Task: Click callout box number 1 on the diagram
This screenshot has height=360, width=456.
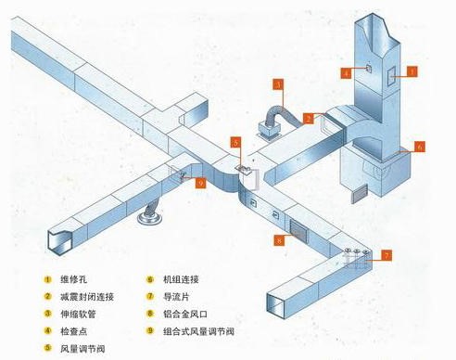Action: point(413,70)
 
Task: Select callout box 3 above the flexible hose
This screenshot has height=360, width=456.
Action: point(278,84)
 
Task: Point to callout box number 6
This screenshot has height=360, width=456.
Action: point(419,147)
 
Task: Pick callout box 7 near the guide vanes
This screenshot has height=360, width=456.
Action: point(387,253)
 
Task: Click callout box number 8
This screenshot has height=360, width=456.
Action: point(278,240)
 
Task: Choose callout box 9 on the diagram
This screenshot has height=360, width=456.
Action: point(200,183)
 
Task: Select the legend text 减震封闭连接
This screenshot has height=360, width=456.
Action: point(81,296)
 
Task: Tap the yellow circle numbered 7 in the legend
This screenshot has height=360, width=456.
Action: point(151,296)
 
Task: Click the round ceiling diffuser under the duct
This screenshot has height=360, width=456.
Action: point(149,219)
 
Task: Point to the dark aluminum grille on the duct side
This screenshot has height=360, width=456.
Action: point(298,227)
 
